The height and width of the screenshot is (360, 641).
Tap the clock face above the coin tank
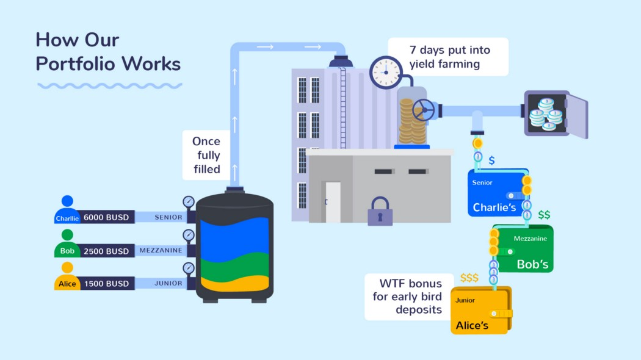(386, 72)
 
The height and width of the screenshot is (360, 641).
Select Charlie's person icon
(67, 201)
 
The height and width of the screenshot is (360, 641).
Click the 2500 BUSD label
(106, 251)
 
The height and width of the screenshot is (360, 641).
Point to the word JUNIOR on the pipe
(168, 283)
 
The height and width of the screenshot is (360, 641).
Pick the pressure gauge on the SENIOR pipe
(188, 202)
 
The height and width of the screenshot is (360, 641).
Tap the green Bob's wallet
(524, 249)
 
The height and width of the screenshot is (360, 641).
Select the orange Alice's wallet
(480, 311)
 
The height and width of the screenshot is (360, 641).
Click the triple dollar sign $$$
(469, 278)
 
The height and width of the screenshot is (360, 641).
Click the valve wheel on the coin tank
(423, 110)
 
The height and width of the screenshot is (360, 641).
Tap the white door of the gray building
(333, 202)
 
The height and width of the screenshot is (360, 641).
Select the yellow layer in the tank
(236, 284)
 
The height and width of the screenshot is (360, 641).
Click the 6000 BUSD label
(106, 217)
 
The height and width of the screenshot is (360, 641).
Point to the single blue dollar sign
(491, 160)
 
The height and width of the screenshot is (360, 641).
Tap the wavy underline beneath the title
(110, 85)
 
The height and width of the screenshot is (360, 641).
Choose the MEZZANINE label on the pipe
(161, 251)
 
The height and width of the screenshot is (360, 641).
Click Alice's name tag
(67, 284)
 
